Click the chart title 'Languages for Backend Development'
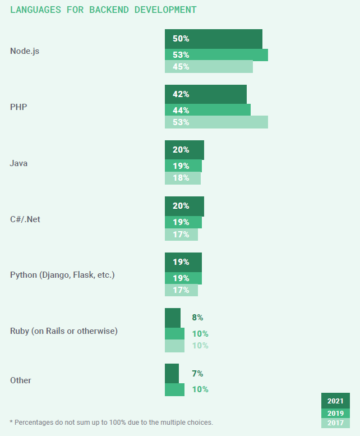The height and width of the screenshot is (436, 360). pyautogui.click(x=103, y=10)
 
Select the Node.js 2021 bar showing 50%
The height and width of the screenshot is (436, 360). pyautogui.click(x=213, y=39)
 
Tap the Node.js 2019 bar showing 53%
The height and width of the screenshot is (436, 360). pyautogui.click(x=216, y=55)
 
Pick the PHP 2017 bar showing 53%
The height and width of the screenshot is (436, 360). pyautogui.click(x=216, y=122)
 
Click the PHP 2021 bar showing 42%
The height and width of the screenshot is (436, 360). pyautogui.click(x=205, y=94)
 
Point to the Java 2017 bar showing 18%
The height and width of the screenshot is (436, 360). pyautogui.click(x=182, y=178)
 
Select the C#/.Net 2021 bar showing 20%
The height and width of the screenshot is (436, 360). pyautogui.click(x=184, y=206)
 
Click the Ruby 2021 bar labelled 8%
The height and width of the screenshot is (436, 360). pyautogui.click(x=173, y=318)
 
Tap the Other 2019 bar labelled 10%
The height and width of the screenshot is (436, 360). pyautogui.click(x=174, y=389)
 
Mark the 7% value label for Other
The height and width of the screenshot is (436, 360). pyautogui.click(x=197, y=374)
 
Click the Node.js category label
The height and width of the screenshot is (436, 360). pyautogui.click(x=25, y=51)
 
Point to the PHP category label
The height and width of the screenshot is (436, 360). pyautogui.click(x=19, y=107)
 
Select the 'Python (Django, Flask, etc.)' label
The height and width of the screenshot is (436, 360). pyautogui.click(x=62, y=275)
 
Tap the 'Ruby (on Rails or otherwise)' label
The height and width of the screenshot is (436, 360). pyautogui.click(x=64, y=331)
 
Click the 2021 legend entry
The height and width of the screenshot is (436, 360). pyautogui.click(x=335, y=401)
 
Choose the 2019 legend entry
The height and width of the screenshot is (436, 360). pyautogui.click(x=335, y=414)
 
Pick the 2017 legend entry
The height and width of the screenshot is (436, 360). pyautogui.click(x=335, y=423)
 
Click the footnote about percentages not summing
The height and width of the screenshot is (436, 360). pyautogui.click(x=112, y=422)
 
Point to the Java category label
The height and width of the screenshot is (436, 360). pyautogui.click(x=19, y=163)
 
